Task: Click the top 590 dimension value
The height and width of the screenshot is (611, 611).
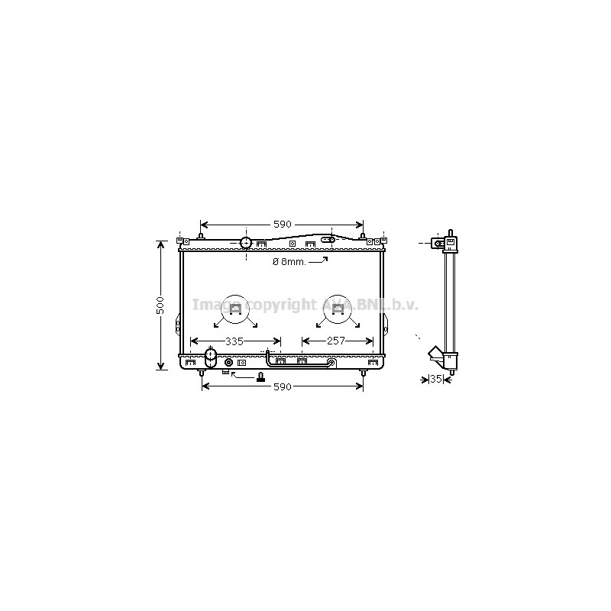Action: point(282,225)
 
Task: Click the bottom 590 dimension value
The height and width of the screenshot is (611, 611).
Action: point(282,386)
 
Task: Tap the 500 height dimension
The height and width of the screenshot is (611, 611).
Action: point(160,305)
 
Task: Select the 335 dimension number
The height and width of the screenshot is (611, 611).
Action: point(234,341)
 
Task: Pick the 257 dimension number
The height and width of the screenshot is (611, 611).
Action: point(336,341)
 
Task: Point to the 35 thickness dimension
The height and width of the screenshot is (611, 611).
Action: point(436,379)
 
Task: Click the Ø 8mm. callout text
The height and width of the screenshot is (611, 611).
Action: point(289,262)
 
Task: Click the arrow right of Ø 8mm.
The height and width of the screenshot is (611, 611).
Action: point(318,260)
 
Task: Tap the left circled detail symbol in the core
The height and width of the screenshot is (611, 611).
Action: point(235,310)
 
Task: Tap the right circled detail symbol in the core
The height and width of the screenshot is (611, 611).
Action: point(338,310)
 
